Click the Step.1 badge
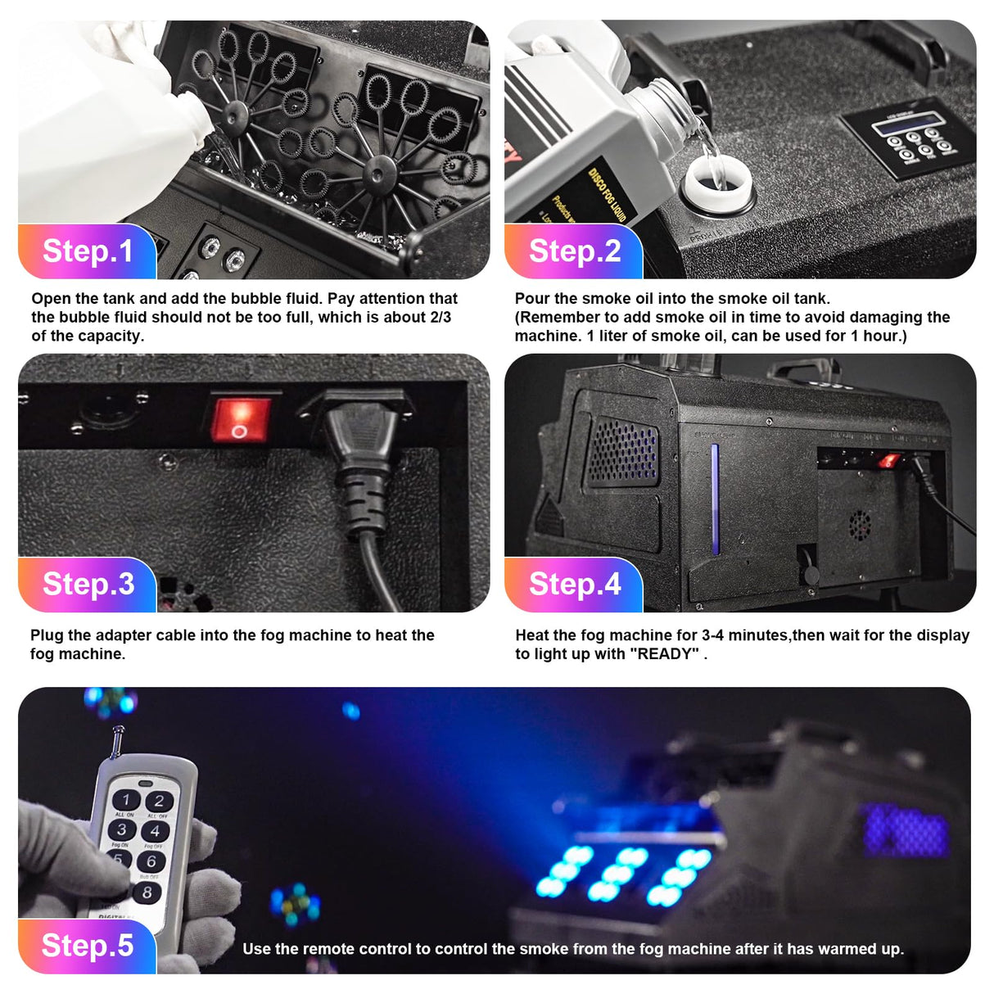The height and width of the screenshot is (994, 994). (87, 251)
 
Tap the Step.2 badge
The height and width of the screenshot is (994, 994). (574, 251)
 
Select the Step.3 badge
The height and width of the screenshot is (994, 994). (88, 585)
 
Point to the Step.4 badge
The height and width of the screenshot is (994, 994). (574, 585)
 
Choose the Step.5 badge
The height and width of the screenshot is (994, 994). (87, 946)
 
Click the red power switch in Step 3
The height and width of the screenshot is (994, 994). (239, 418)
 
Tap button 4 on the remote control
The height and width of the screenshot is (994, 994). (155, 831)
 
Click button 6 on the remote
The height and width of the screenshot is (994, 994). (151, 861)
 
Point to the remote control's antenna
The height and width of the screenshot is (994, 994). (120, 739)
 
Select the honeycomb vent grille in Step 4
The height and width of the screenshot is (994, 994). (624, 450)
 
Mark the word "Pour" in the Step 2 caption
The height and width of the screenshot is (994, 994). (531, 299)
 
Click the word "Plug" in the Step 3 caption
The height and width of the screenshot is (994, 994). (47, 635)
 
